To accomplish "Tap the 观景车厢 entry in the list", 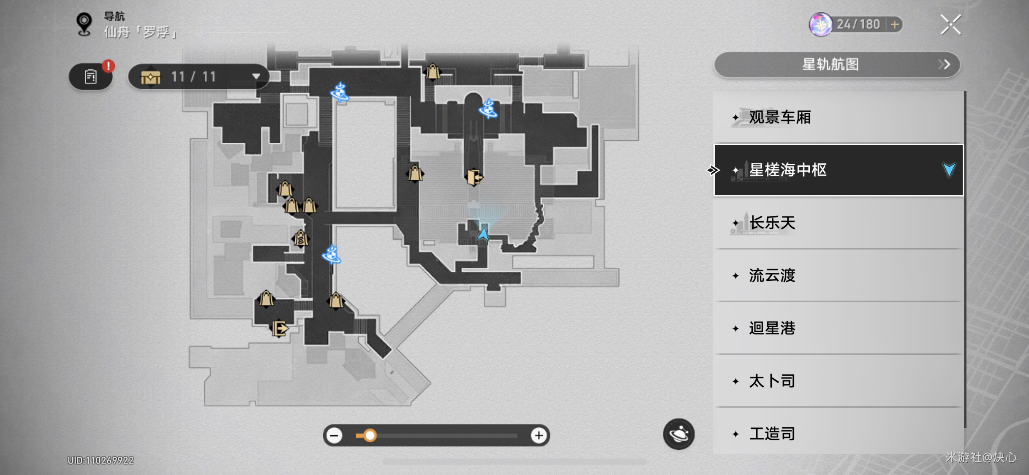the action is [838, 117].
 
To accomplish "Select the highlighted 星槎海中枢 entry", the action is [838, 170].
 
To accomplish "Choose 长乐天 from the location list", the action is [838, 223].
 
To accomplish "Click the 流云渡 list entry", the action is [838, 275].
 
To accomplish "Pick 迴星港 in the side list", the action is [838, 328].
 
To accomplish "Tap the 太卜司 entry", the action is [838, 381].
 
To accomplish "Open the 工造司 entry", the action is [838, 433].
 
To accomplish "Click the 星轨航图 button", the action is [837, 65].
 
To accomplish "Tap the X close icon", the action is [950, 24].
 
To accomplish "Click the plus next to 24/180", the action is [895, 24].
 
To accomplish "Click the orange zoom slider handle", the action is [370, 435].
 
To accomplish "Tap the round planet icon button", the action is [679, 434].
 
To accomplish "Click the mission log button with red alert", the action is [91, 76].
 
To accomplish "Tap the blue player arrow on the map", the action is [483, 234].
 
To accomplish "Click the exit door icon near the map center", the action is [474, 177].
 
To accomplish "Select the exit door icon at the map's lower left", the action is [280, 328].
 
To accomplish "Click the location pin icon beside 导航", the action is [84, 24].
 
